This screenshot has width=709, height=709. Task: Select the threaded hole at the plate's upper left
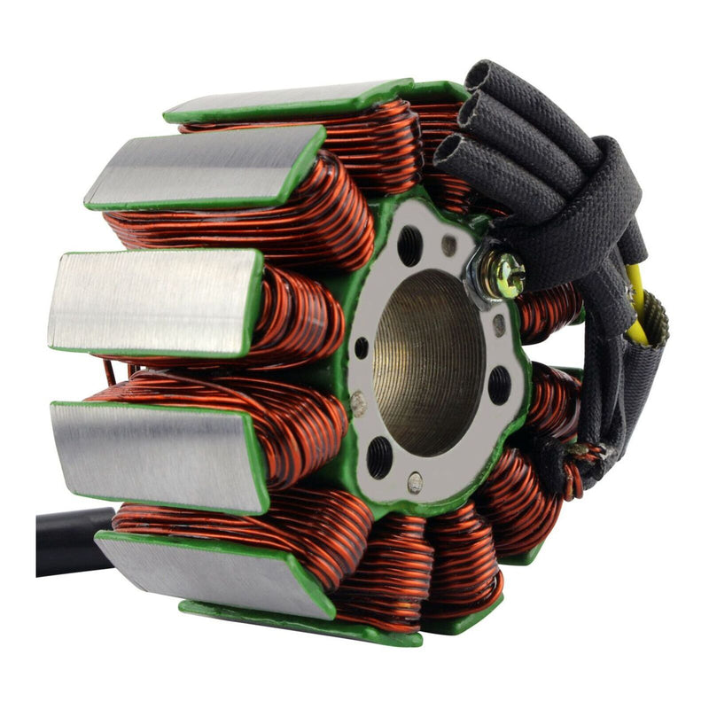click(410, 245)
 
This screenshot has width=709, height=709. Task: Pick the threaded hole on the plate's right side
click(499, 385)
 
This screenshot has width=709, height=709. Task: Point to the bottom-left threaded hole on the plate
click(379, 456)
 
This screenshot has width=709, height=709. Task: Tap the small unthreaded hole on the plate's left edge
click(361, 348)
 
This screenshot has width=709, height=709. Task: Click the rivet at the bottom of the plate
click(415, 483)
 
